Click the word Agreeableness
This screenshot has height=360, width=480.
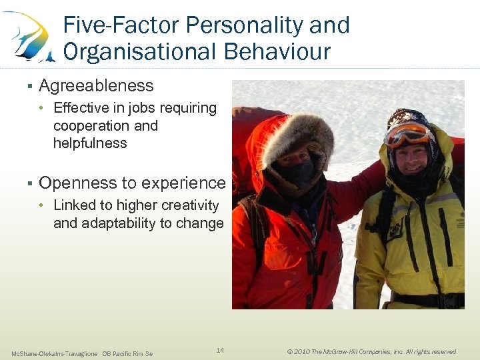coord(96,85)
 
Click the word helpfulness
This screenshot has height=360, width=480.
coord(90,143)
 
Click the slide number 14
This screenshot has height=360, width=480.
coord(221,349)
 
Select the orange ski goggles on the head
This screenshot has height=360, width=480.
coord(407,133)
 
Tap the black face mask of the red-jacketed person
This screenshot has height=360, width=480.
coord(298,175)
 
